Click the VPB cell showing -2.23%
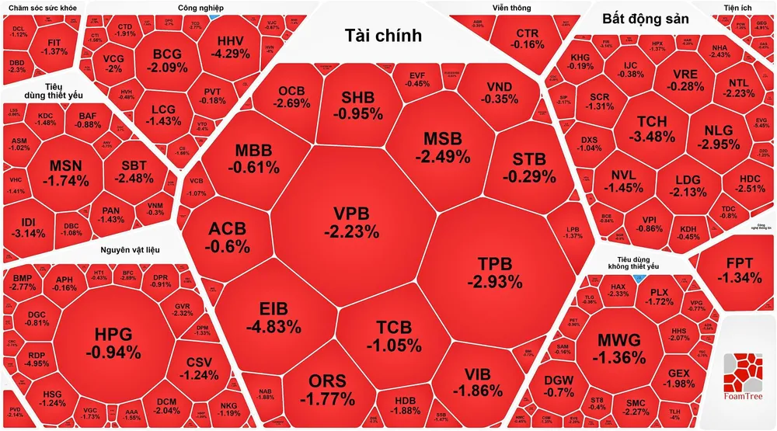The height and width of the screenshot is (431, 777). pos(357,222)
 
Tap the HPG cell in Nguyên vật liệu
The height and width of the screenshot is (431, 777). pos(113,342)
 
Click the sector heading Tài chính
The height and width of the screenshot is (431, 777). pos(383,35)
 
